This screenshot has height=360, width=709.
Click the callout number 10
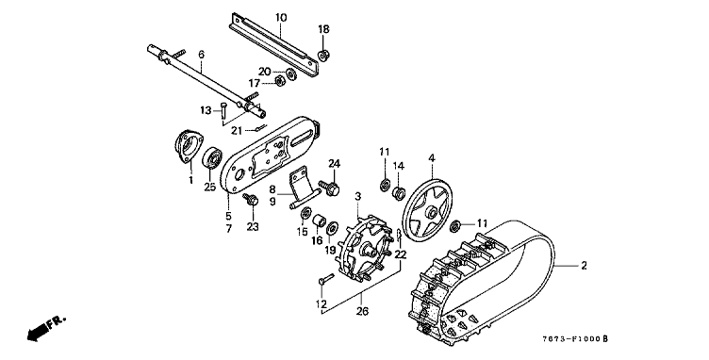point(281,18)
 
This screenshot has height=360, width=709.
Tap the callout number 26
point(362,311)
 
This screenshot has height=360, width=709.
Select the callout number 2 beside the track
point(584,266)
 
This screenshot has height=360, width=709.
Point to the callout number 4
point(432,158)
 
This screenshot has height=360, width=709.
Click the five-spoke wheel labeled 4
point(427,210)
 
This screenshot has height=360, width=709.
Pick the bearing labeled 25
point(212,158)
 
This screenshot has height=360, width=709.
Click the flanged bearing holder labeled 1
point(189,145)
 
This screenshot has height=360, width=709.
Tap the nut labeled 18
point(323,56)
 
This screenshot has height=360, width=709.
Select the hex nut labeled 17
point(280,82)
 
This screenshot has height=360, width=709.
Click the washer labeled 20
point(291,74)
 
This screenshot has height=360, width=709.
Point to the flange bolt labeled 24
point(330,188)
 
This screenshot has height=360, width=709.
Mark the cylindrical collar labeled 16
point(320,221)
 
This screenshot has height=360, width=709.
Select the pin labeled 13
point(223,112)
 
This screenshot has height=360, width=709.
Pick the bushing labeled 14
point(399,193)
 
